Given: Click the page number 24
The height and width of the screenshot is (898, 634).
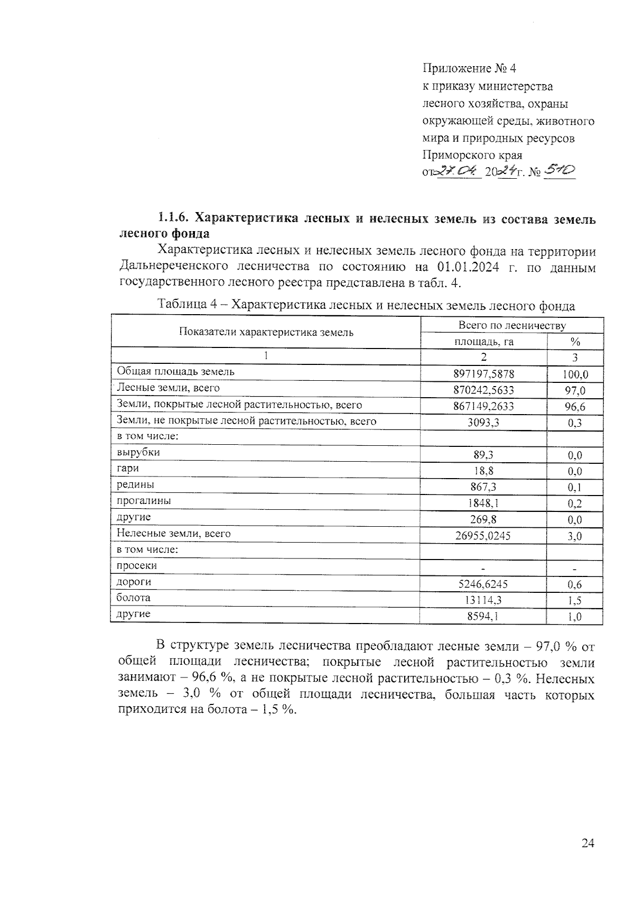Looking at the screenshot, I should pyautogui.click(x=588, y=844).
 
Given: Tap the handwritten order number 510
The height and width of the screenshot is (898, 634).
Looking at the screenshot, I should pyautogui.click(x=560, y=170).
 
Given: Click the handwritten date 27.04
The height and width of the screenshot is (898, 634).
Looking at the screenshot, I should pyautogui.click(x=459, y=171).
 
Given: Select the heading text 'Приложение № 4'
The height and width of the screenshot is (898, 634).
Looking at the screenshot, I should pyautogui.click(x=468, y=69).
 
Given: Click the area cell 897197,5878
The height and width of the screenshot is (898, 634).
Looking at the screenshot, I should pyautogui.click(x=483, y=374).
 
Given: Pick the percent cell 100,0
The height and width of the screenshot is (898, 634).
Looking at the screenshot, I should pyautogui.click(x=575, y=375).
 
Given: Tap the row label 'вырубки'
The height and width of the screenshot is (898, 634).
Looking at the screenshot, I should pyautogui.click(x=138, y=453).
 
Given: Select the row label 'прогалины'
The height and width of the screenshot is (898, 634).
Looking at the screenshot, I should pyautogui.click(x=144, y=501).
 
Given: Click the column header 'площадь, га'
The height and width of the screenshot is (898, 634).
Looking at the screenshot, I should pyautogui.click(x=484, y=342).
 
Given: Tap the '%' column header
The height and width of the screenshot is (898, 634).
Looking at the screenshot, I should pyautogui.click(x=575, y=342).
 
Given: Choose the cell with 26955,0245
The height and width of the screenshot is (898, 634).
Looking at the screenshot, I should pyautogui.click(x=483, y=536).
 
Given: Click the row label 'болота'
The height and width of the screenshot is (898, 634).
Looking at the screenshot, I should pyautogui.click(x=134, y=598).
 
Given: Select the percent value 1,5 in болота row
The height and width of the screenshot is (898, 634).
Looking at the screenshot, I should pyautogui.click(x=575, y=600).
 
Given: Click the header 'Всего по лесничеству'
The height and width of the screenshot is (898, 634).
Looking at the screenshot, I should pyautogui.click(x=512, y=325).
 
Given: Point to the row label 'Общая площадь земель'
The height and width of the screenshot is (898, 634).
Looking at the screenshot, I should pyautogui.click(x=175, y=371).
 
